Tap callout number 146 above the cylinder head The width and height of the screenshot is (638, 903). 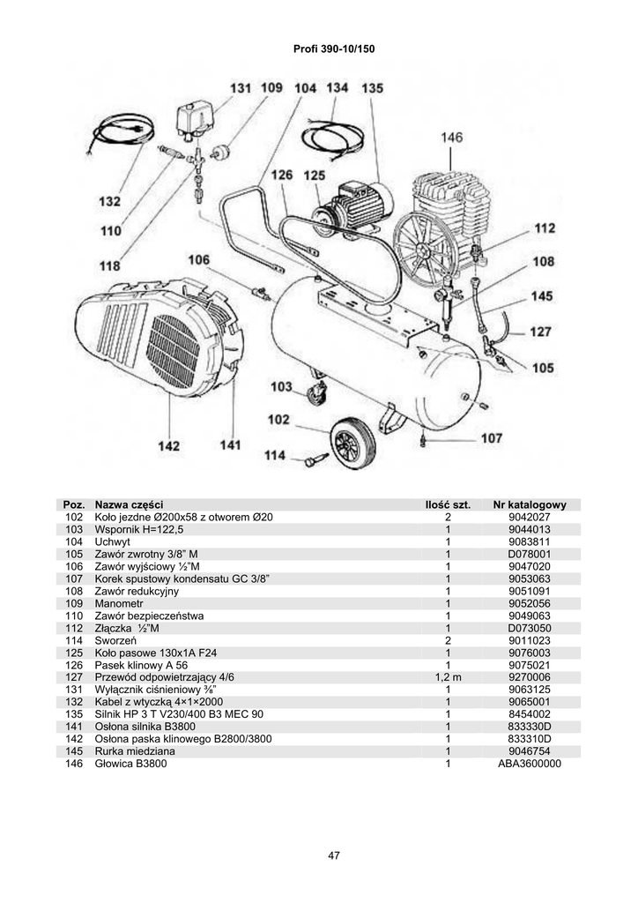(x=451, y=138)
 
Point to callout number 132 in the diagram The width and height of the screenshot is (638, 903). (x=109, y=202)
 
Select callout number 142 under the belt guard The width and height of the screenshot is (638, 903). (x=168, y=446)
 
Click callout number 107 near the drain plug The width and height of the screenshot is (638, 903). (x=492, y=437)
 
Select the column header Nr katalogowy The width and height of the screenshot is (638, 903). (x=530, y=505)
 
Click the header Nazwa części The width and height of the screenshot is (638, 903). (x=129, y=505)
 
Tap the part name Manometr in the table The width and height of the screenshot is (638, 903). (x=120, y=603)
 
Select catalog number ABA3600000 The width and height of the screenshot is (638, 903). (x=530, y=764)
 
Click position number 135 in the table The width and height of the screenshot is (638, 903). (x=74, y=714)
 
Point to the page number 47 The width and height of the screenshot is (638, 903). (x=333, y=855)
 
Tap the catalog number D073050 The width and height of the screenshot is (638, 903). (x=530, y=628)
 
